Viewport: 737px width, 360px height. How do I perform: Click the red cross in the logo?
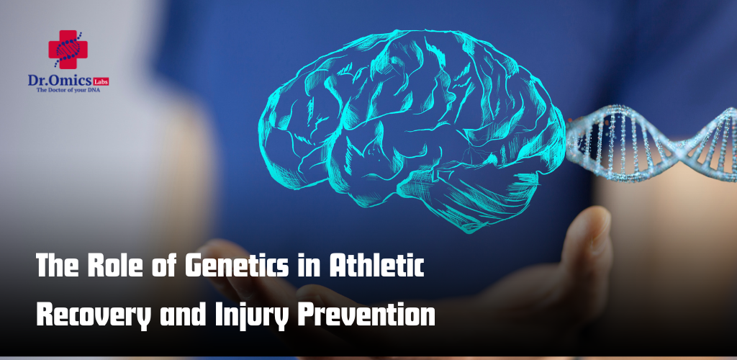(68, 50)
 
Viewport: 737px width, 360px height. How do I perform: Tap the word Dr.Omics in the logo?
(59, 81)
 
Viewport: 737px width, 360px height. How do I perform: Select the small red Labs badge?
(101, 82)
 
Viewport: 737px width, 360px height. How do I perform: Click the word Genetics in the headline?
(236, 266)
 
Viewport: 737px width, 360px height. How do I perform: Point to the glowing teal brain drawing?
(412, 130)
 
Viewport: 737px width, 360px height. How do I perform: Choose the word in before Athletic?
(307, 266)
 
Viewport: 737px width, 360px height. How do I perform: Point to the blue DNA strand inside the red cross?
(68, 50)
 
